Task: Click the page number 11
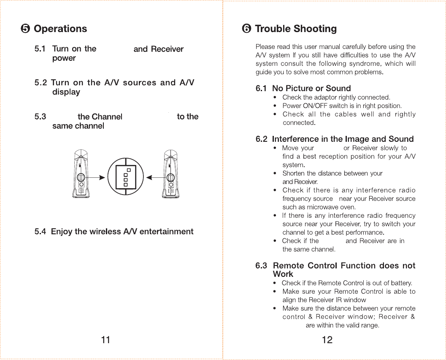(105, 340)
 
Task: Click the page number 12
(327, 340)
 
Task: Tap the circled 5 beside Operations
(25, 29)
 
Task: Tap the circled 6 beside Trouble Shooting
(246, 29)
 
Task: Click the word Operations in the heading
(60, 29)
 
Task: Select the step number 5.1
(40, 49)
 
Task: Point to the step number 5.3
(40, 116)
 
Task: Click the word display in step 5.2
(66, 92)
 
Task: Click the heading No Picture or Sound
(311, 88)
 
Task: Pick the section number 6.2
(262, 139)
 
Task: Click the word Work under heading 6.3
(283, 274)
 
